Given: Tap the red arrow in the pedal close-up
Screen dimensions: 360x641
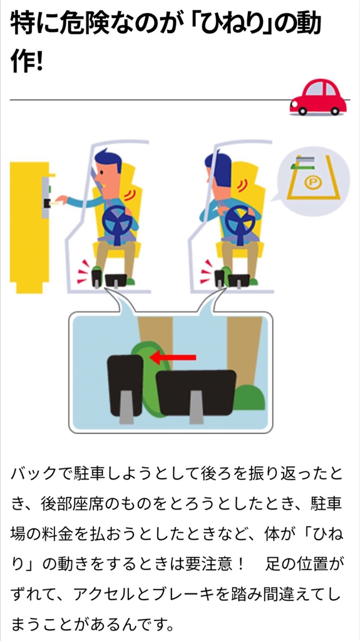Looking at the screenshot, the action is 173,357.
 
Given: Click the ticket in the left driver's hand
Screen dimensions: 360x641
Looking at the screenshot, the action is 53,202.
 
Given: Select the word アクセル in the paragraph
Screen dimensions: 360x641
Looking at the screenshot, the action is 94,594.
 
